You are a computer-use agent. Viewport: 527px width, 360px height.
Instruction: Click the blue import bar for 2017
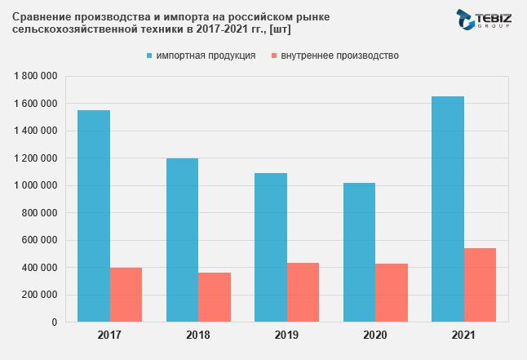[94, 216]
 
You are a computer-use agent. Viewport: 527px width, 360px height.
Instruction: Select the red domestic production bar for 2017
[126, 295]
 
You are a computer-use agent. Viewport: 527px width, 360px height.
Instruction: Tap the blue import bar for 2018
[182, 240]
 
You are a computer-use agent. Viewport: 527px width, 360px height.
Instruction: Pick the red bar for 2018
[215, 297]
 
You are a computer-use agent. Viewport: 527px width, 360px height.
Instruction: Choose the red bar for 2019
[303, 292]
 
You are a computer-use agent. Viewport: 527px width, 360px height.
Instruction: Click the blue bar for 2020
[359, 252]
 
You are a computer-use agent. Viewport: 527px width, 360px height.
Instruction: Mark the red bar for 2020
[392, 293]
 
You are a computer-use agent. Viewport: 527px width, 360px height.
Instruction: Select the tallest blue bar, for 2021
[448, 209]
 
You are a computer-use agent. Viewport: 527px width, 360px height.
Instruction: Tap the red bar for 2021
[480, 285]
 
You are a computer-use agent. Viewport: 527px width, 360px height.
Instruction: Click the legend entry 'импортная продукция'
[206, 56]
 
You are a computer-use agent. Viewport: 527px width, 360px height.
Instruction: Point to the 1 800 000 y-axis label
[34, 76]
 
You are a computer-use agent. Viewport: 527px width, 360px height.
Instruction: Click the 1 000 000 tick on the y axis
[34, 185]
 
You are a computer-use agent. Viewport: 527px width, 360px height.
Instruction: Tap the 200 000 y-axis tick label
[39, 295]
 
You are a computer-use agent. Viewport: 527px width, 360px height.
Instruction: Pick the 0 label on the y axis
[54, 322]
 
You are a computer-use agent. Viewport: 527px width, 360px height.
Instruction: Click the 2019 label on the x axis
[286, 336]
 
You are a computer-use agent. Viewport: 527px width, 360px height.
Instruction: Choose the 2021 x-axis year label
[463, 336]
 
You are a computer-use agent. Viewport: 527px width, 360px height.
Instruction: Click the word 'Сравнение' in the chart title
[39, 16]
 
